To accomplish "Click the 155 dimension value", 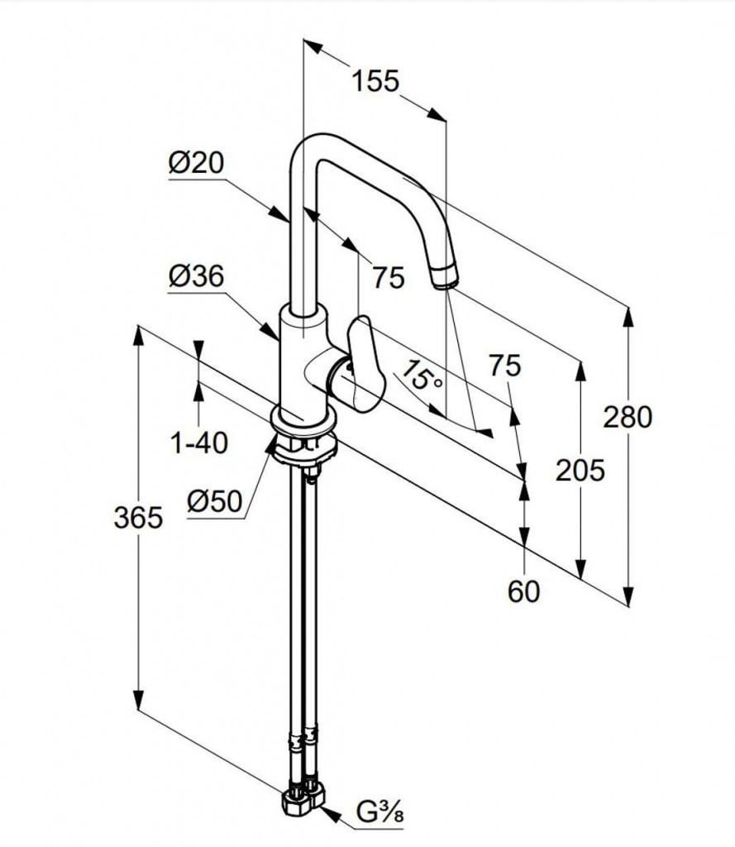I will [x=375, y=81].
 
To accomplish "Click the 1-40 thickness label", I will [x=198, y=443].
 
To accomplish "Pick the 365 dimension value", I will [x=137, y=518].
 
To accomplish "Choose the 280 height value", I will [x=628, y=416].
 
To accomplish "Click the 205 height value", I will [x=580, y=470].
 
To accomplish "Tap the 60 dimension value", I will [x=523, y=591].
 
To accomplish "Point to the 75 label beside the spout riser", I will [x=388, y=277].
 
